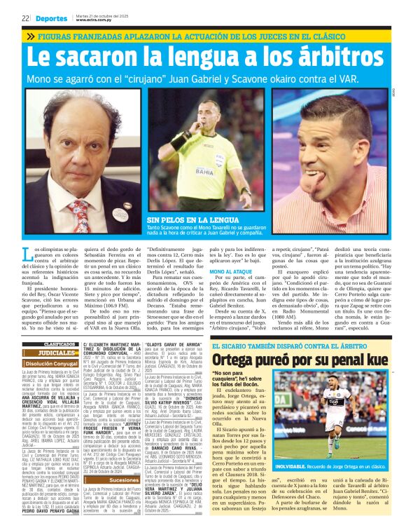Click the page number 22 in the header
[24, 18]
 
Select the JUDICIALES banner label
[57, 353]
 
